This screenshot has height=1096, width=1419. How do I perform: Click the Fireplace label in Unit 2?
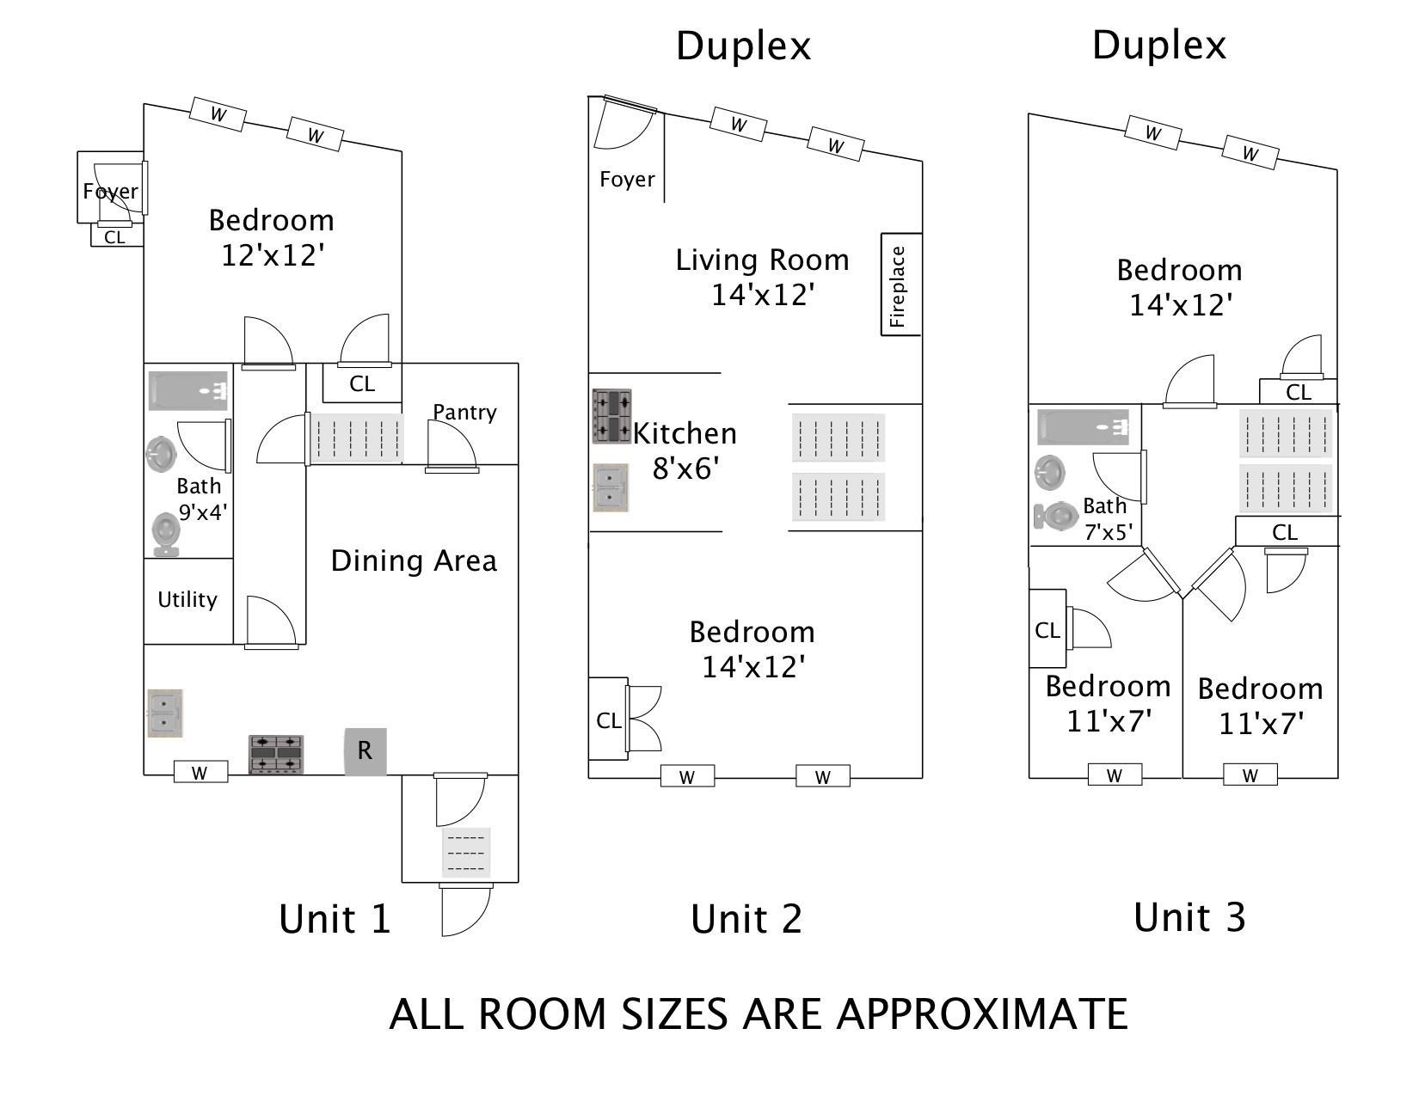click(897, 286)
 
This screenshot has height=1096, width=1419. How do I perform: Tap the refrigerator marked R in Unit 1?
click(365, 751)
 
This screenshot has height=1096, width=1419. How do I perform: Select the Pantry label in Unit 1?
click(464, 412)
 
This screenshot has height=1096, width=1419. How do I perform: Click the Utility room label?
click(187, 599)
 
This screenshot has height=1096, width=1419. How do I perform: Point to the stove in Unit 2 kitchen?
click(611, 416)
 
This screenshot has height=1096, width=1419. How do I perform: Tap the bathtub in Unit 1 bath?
click(188, 391)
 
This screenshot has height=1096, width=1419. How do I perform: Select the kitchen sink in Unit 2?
click(611, 487)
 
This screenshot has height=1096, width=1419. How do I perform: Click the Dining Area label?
click(414, 560)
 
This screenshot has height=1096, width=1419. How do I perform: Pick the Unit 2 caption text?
click(746, 919)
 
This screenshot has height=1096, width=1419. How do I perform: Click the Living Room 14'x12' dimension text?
click(763, 295)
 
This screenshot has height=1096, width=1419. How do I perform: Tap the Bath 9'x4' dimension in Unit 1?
click(202, 512)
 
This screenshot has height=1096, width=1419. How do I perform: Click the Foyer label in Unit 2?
click(627, 179)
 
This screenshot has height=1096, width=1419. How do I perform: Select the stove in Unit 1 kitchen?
click(276, 755)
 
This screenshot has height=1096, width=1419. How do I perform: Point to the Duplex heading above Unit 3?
click(1159, 45)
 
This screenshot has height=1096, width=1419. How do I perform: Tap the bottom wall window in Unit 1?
click(200, 772)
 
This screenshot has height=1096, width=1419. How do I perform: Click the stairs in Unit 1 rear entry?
click(466, 853)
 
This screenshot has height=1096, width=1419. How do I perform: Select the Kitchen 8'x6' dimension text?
click(685, 468)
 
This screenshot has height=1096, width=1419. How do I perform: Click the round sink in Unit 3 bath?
click(1050, 472)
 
